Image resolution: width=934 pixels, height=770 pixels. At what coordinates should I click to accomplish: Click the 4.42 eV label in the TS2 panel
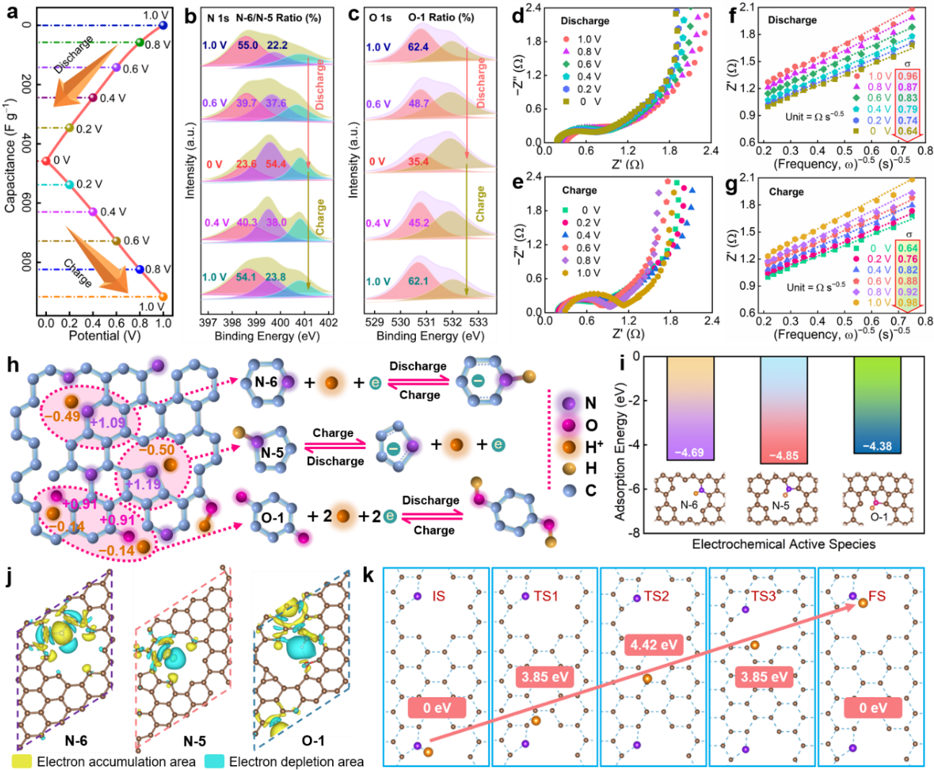654,645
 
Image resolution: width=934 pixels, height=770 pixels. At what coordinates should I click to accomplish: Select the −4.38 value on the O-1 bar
877,446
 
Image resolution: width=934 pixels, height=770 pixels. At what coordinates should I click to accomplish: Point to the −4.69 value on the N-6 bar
690,453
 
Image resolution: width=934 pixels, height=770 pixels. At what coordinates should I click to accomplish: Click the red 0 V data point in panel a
46,161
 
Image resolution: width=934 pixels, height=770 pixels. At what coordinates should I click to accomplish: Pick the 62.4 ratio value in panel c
418,48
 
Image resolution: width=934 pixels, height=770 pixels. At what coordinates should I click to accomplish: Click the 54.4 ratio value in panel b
276,164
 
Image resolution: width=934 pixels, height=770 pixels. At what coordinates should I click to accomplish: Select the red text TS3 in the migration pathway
764,596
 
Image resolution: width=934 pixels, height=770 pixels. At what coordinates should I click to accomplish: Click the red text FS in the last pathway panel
876,596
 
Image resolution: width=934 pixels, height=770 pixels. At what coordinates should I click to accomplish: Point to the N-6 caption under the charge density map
76,740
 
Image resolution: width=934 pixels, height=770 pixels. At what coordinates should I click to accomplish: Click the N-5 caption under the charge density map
195,741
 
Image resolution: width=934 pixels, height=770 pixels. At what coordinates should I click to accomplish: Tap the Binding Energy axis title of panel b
267,336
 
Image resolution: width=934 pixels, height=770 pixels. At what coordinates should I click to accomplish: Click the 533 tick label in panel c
479,322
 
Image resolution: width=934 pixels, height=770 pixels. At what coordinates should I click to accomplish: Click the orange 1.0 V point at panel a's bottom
163,296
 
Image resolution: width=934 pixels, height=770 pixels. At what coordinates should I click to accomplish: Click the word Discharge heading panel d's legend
585,21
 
